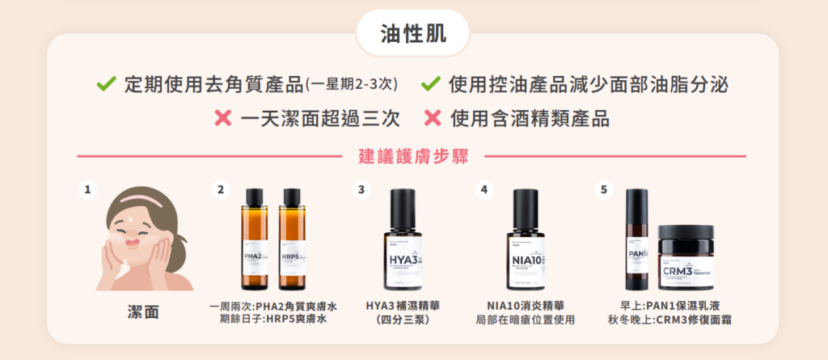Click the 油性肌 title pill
pos(413,33)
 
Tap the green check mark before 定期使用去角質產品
pos(105,83)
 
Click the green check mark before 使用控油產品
pos(431,83)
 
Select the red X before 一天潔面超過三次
pos(223,119)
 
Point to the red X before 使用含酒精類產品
pos(433,119)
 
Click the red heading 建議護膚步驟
pos(413,156)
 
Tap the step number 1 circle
pos(87,190)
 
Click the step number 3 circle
pos(361,190)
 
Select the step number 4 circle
pos(484,190)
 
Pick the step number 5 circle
pos(602,190)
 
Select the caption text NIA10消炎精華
pos(526,306)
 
